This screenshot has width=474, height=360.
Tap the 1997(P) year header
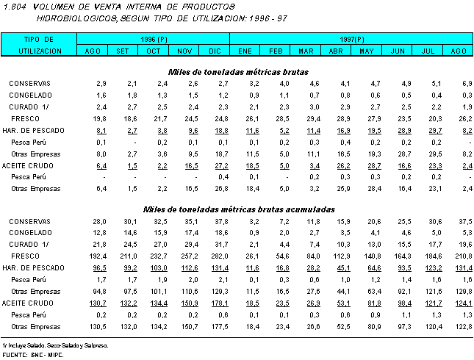(x=349, y=37)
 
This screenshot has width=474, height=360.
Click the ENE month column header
(x=245, y=50)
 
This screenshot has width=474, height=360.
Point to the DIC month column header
(x=215, y=50)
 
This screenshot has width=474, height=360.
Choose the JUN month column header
(x=398, y=50)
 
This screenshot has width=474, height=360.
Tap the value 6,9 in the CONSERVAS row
(x=466, y=84)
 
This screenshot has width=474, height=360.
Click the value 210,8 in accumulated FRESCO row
(x=462, y=256)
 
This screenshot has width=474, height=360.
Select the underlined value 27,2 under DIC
(x=219, y=165)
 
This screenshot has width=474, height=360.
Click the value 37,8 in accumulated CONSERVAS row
(x=219, y=221)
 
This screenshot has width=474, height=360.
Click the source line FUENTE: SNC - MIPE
(x=32, y=354)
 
